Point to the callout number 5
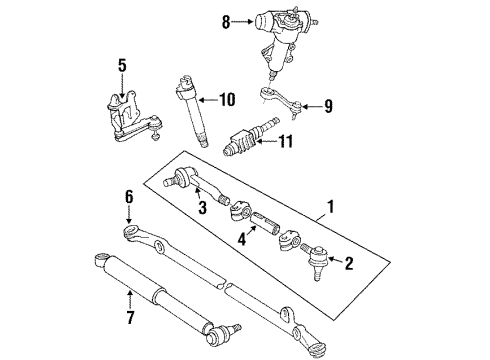click(122, 67)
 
